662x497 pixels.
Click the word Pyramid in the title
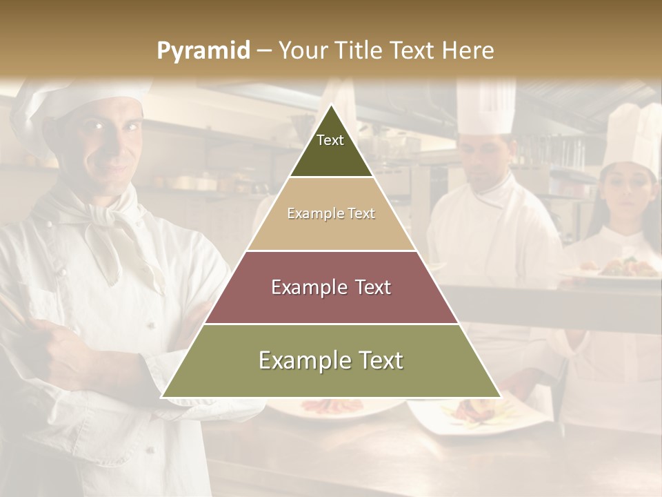click(203, 51)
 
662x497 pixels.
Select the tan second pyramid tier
click(331, 214)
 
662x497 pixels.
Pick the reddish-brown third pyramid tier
click(331, 287)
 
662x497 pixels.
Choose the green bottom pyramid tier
click(331, 360)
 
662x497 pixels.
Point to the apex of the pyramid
click(331, 107)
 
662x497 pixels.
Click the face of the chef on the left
click(110, 142)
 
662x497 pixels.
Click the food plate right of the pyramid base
click(469, 414)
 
